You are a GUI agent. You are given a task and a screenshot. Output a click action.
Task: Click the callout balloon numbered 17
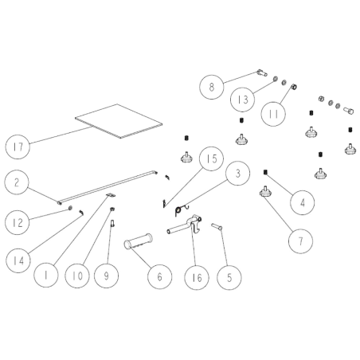18,147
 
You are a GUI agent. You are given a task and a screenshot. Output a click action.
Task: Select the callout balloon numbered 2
17,182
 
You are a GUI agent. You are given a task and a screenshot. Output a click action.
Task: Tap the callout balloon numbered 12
18,222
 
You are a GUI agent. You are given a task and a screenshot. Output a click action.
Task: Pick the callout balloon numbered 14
18,260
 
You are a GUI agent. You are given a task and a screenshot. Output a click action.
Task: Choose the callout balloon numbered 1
46,275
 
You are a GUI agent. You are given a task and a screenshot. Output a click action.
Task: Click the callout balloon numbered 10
77,276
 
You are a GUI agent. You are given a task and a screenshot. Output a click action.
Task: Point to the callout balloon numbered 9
106,276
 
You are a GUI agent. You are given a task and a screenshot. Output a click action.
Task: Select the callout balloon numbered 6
159,276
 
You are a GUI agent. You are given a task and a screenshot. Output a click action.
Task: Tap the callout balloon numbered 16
197,278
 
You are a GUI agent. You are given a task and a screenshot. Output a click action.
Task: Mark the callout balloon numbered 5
229,278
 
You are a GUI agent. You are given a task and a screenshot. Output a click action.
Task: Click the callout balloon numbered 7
300,241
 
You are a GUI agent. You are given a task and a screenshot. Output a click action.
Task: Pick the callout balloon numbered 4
303,202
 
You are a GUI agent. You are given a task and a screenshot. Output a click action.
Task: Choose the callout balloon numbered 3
237,174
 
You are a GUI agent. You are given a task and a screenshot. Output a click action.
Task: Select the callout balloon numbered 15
212,158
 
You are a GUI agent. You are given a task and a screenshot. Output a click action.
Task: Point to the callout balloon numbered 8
212,87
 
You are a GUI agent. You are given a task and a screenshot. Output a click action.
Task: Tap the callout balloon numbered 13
242,100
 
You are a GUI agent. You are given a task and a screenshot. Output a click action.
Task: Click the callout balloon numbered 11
273,114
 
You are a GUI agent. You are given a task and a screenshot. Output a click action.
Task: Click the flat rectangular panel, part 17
119,121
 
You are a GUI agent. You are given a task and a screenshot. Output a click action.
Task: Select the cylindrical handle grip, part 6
138,241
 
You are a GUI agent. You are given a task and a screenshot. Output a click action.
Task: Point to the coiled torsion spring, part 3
179,210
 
